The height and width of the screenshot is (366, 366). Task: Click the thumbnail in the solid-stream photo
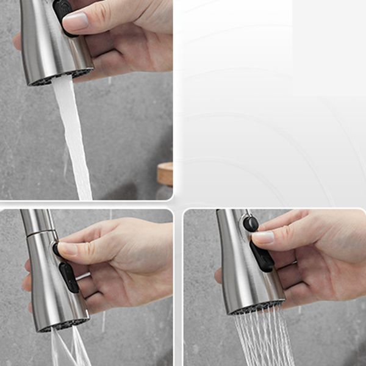76,21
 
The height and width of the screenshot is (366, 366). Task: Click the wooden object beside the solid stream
165,174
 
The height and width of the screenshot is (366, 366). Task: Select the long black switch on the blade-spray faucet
69,278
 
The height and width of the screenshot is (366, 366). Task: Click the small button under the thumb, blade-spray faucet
57,248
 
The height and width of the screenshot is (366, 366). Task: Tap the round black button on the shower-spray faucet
250,223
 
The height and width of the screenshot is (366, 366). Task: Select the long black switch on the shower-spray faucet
262,257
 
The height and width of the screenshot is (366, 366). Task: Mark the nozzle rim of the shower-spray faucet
256,308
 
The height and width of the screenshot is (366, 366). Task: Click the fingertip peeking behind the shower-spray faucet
218,275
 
